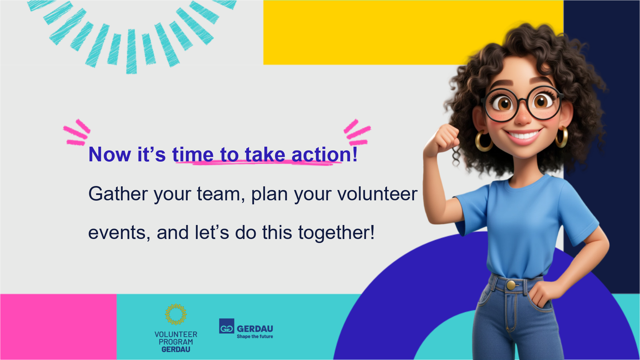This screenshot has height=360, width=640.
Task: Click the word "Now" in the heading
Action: pyautogui.click(x=110, y=155)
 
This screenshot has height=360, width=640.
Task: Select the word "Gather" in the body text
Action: pyautogui.click(x=118, y=194)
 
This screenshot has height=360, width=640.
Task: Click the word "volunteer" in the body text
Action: pyautogui.click(x=377, y=194)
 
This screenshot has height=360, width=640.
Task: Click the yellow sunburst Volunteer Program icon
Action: pyautogui.click(x=176, y=314)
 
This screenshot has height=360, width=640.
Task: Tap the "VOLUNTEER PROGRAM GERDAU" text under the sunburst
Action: pyautogui.click(x=176, y=342)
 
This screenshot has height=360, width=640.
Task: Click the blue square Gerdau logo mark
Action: pyautogui.click(x=227, y=326)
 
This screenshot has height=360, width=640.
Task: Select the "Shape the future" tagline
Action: pyautogui.click(x=255, y=337)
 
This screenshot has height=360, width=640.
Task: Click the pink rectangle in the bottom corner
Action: pyautogui.click(x=58, y=327)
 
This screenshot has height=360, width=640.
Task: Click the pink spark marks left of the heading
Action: pyautogui.click(x=77, y=132)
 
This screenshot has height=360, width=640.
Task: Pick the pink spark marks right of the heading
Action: pyautogui.click(x=357, y=132)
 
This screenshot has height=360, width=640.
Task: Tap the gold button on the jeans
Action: pyautogui.click(x=511, y=285)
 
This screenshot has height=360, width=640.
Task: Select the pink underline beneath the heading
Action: pyautogui.click(x=258, y=163)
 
